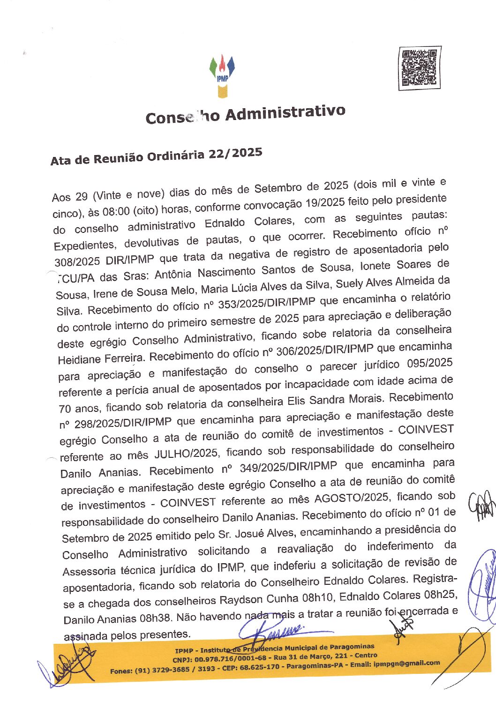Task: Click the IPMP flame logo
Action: pyautogui.click(x=222, y=75)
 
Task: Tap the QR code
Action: pyautogui.click(x=420, y=68)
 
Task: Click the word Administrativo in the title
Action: pyautogui.click(x=286, y=113)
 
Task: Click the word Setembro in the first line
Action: pyautogui.click(x=278, y=188)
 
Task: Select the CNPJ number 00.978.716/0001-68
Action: pyautogui.click(x=227, y=658)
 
